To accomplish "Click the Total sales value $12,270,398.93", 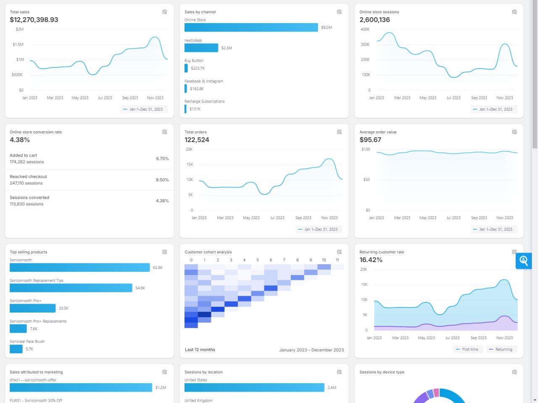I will tap(34, 20).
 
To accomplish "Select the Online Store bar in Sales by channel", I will tap(251, 27).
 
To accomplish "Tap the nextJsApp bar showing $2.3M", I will tap(201, 48).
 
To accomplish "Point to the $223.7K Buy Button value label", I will tap(198, 68).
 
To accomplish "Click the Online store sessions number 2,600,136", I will tap(374, 20).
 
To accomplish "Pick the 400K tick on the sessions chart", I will tap(365, 29).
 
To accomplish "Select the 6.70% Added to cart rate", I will tap(162, 159).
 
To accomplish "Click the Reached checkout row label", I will tap(28, 177).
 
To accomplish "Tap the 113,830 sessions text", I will tap(26, 204).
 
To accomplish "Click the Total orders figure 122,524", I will tap(197, 140).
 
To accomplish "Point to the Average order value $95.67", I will tap(370, 140).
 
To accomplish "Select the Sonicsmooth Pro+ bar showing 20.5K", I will tap(32, 308).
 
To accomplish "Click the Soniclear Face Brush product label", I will tap(27, 342).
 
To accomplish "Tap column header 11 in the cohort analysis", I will tap(337, 260).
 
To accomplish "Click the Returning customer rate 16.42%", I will tap(371, 260).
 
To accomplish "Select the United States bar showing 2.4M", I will tap(254, 387).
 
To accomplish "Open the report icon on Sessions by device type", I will tap(514, 372).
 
